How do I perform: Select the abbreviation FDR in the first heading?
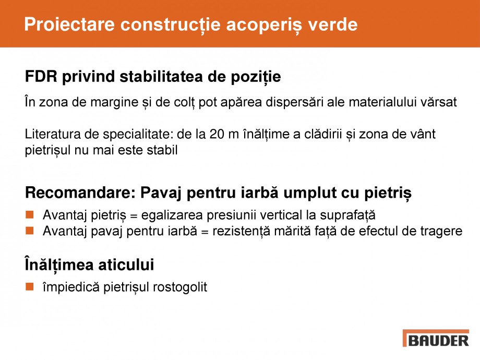click(x=41, y=77)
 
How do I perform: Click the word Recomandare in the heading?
click(x=79, y=193)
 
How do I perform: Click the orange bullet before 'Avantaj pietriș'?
click(x=30, y=214)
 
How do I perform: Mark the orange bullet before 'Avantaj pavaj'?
click(x=30, y=230)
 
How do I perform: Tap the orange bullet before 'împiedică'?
click(x=30, y=286)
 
